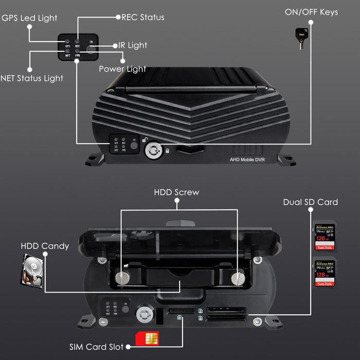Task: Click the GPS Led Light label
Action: (29, 18)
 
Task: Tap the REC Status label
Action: (142, 17)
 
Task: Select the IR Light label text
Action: (133, 45)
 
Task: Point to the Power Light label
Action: (122, 69)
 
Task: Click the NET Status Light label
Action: (32, 79)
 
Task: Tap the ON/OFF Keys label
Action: (311, 12)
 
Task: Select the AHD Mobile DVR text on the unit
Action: (247, 160)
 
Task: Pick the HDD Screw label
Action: (176, 192)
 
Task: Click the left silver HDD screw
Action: (121, 277)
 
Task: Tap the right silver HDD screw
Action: (237, 278)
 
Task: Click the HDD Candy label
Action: (45, 246)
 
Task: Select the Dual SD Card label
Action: (310, 202)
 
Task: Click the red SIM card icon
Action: (147, 338)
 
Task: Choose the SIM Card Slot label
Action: (96, 347)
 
